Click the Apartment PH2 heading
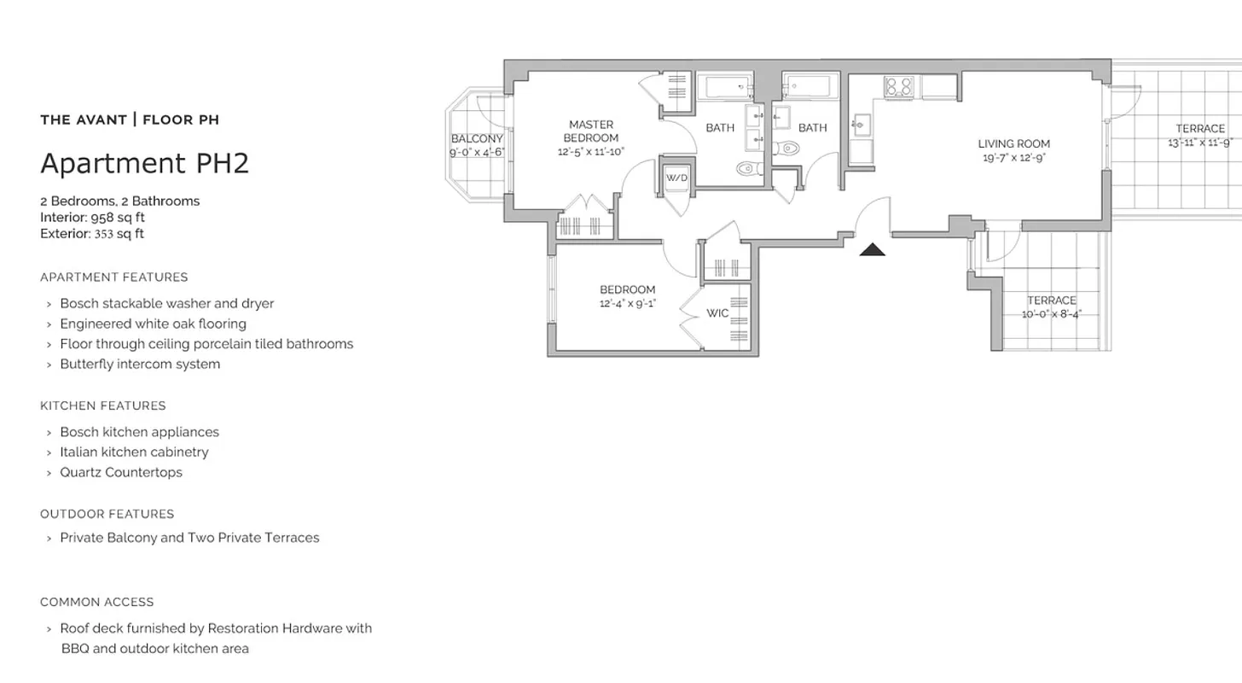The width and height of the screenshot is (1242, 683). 144,163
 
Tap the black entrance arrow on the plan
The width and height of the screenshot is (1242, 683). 872,249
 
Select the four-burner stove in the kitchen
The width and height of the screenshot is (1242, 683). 897,87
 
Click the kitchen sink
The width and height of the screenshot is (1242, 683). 859,126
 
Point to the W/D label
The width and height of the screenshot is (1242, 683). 676,178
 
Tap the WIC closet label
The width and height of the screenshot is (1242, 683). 717,313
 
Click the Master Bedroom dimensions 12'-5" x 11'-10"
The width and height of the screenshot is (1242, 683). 591,151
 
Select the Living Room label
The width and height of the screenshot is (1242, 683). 1013,143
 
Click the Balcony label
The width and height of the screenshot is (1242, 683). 477,139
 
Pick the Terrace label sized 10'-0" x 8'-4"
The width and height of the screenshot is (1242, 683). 1051,301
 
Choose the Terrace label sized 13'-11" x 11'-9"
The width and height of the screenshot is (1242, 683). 1200,129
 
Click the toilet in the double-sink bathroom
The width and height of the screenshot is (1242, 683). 748,168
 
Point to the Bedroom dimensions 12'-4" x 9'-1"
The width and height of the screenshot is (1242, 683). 627,303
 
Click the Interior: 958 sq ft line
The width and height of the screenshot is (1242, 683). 92,218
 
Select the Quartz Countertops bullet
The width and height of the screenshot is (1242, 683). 120,472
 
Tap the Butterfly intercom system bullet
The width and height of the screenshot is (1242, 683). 140,364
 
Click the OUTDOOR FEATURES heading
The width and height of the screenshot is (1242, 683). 107,514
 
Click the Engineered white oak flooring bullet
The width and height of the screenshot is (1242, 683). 153,324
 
